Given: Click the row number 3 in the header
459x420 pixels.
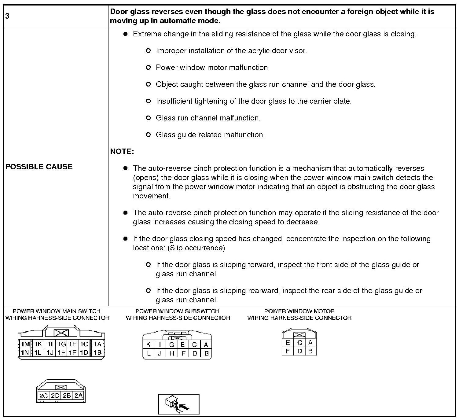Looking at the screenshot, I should click(x=7, y=16).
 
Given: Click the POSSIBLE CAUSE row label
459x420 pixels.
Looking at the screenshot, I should click(x=39, y=167).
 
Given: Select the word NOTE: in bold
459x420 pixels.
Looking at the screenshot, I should click(x=122, y=152).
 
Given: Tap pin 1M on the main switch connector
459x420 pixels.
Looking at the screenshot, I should click(x=25, y=344).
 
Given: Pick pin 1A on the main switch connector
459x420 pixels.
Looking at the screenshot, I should click(x=97, y=344).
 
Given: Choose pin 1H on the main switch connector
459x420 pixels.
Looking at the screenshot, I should click(x=61, y=352).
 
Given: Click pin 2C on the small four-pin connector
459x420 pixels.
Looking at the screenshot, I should click(x=43, y=395).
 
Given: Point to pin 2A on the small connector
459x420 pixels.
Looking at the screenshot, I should click(x=79, y=395).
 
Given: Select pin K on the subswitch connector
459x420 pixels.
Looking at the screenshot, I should click(x=148, y=344).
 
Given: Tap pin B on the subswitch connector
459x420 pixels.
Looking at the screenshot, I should click(x=206, y=354).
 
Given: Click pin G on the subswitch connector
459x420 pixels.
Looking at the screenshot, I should click(x=172, y=344).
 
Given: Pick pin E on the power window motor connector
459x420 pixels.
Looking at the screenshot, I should click(x=288, y=343).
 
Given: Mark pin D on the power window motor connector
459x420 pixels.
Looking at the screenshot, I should click(x=299, y=351).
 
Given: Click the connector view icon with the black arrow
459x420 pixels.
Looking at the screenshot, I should click(x=179, y=404).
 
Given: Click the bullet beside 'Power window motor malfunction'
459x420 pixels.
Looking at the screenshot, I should click(x=148, y=68).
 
